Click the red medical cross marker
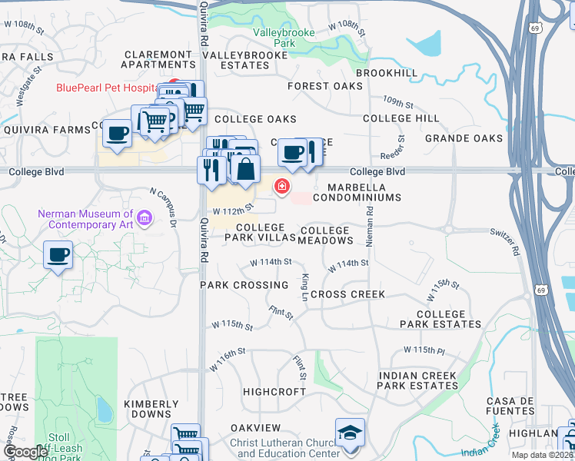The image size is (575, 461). (282, 186)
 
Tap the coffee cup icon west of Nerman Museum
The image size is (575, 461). (58, 254)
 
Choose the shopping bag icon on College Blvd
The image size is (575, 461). (244, 169)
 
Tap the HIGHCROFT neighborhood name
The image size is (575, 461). (274, 392)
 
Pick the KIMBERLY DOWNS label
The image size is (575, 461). (151, 409)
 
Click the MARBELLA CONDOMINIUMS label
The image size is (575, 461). (364, 192)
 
